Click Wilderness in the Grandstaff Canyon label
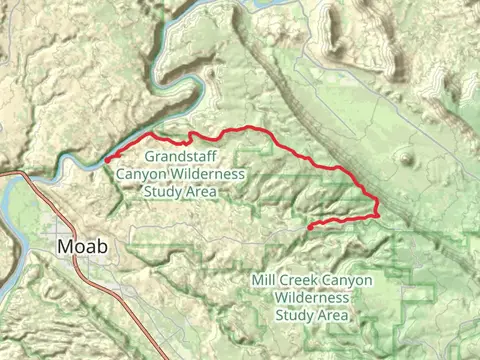[x=206, y=173]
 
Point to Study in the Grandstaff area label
[x=163, y=190]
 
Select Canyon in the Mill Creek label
[x=349, y=282]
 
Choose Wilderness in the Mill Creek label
[x=314, y=298]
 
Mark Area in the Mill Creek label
[x=333, y=315]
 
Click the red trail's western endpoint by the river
[x=107, y=159]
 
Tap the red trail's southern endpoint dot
[x=311, y=227]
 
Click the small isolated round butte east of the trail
[x=405, y=158]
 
